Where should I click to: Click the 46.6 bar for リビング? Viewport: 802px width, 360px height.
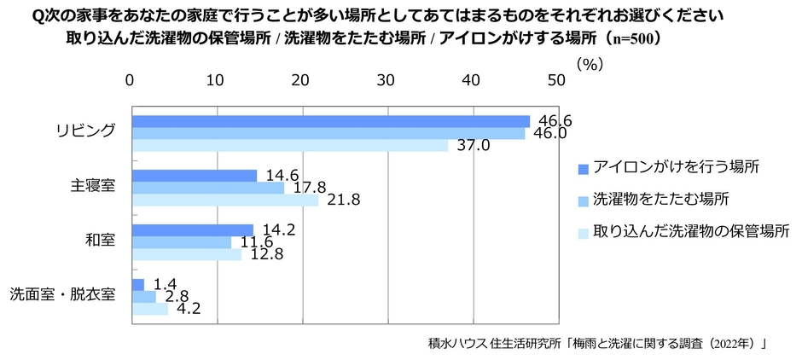(330, 121)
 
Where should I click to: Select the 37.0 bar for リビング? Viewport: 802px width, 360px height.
(289, 146)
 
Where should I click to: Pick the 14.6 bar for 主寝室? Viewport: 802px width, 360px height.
(194, 176)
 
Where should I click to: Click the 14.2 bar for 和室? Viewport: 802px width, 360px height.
(192, 229)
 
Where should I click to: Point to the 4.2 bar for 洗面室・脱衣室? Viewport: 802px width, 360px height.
(150, 309)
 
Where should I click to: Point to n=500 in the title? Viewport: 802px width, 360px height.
(629, 38)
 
